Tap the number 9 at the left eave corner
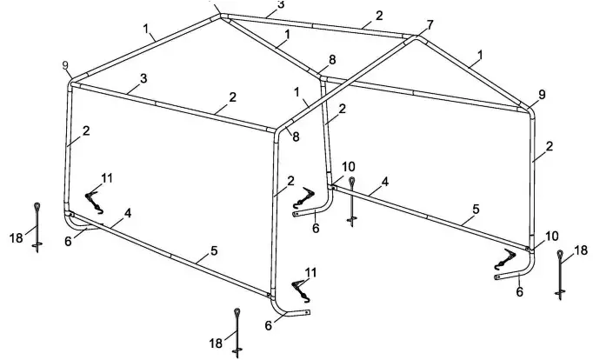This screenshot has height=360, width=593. [66, 65]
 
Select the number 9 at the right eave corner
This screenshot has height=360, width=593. [543, 94]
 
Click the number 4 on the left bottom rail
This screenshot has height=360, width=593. [128, 212]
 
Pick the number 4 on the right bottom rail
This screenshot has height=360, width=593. [383, 183]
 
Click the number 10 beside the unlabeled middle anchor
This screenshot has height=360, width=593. [349, 166]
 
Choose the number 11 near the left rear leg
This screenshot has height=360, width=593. [107, 177]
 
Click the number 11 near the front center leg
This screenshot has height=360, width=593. [310, 272]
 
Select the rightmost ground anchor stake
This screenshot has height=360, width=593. [561, 274]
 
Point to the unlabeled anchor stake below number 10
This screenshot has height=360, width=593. [351, 202]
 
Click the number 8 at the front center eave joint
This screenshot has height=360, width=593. [296, 137]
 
